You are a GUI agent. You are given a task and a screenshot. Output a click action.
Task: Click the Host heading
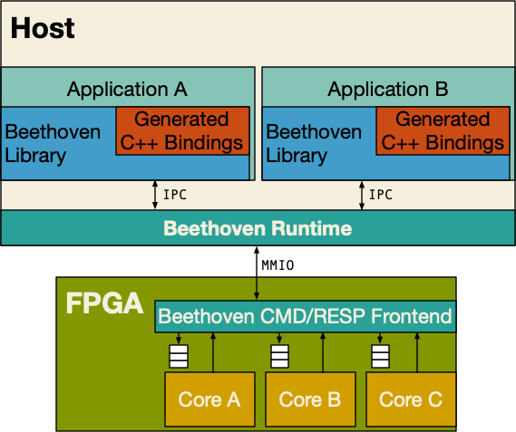43,28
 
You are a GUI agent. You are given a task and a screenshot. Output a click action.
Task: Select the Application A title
127,89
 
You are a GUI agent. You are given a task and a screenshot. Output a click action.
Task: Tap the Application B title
387,89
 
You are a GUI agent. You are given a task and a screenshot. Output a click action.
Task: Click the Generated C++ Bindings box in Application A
182,130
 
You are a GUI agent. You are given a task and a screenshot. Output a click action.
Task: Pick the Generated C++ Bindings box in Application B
443,130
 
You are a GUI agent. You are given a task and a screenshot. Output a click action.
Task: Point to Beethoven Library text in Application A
53,143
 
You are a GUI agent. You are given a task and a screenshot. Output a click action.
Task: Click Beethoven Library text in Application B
314,143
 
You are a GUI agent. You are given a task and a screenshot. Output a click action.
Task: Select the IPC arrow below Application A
155,195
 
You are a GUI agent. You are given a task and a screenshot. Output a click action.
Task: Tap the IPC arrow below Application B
362,195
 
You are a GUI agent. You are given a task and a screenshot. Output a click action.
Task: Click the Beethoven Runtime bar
258,228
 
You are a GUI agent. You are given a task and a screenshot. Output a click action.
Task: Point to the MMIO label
277,265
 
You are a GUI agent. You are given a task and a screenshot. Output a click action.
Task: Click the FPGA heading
104,303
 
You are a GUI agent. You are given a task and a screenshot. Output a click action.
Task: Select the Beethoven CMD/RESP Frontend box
305,316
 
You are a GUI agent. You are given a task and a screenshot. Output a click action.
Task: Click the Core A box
209,399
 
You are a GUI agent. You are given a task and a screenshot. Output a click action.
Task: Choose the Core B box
310,399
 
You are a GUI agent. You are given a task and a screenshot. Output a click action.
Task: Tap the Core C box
411,399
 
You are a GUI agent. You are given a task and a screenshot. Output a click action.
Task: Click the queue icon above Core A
179,356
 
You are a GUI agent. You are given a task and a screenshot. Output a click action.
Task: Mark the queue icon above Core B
279,356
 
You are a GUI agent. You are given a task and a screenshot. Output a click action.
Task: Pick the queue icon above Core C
380,356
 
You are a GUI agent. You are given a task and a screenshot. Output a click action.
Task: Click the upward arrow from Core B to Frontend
323,352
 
